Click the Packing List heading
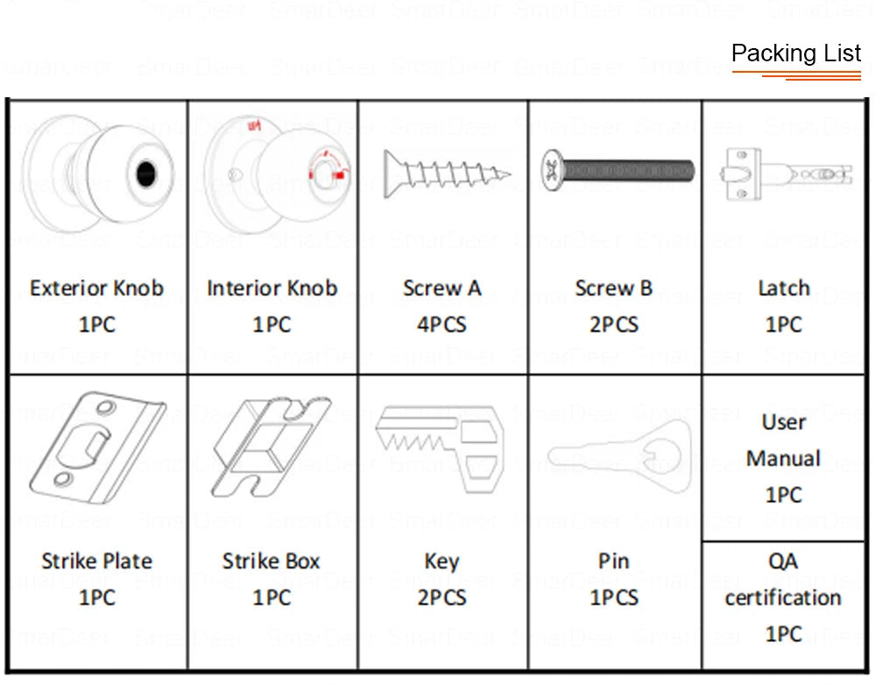[x=796, y=53]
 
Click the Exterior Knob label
[x=96, y=288]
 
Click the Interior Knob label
[x=272, y=288]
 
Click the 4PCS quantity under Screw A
[x=442, y=325]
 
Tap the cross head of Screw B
[x=552, y=165]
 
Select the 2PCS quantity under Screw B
[x=614, y=325]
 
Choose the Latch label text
[x=783, y=288]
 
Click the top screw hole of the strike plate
[x=106, y=408]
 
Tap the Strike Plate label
[x=96, y=561]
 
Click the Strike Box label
[x=271, y=561]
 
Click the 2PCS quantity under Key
[x=442, y=598]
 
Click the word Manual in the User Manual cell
[x=783, y=459]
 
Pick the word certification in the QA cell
[x=783, y=598]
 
